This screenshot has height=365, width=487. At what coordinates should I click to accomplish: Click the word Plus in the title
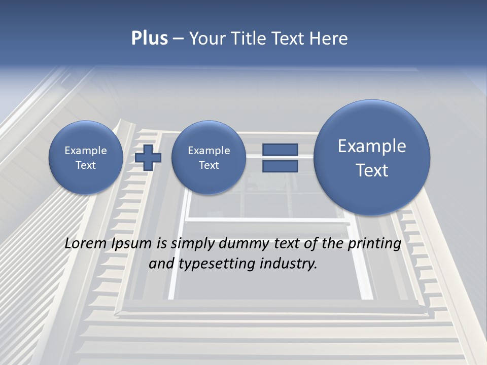coord(149,39)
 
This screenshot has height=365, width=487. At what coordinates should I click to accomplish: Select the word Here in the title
coord(328,39)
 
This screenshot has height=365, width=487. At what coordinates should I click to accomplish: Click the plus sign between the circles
coord(148,157)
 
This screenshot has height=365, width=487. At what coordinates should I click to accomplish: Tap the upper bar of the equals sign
coord(280,150)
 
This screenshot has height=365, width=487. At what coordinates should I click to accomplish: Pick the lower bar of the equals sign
coord(280,166)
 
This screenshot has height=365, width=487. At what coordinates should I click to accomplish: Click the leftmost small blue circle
coord(86,157)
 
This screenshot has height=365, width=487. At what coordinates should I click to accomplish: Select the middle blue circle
coord(208,157)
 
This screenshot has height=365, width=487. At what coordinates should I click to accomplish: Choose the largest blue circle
coord(372,157)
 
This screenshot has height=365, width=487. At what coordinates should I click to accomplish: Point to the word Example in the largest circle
coord(372,146)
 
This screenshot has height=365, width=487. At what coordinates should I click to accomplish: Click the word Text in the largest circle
coord(372,170)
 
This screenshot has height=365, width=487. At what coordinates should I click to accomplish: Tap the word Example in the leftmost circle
coord(86,151)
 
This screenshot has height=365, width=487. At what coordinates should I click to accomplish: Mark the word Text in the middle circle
coord(208,165)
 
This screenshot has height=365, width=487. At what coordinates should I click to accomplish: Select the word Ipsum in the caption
coord(132,244)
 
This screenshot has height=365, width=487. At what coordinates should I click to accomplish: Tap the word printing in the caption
coord(374,244)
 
